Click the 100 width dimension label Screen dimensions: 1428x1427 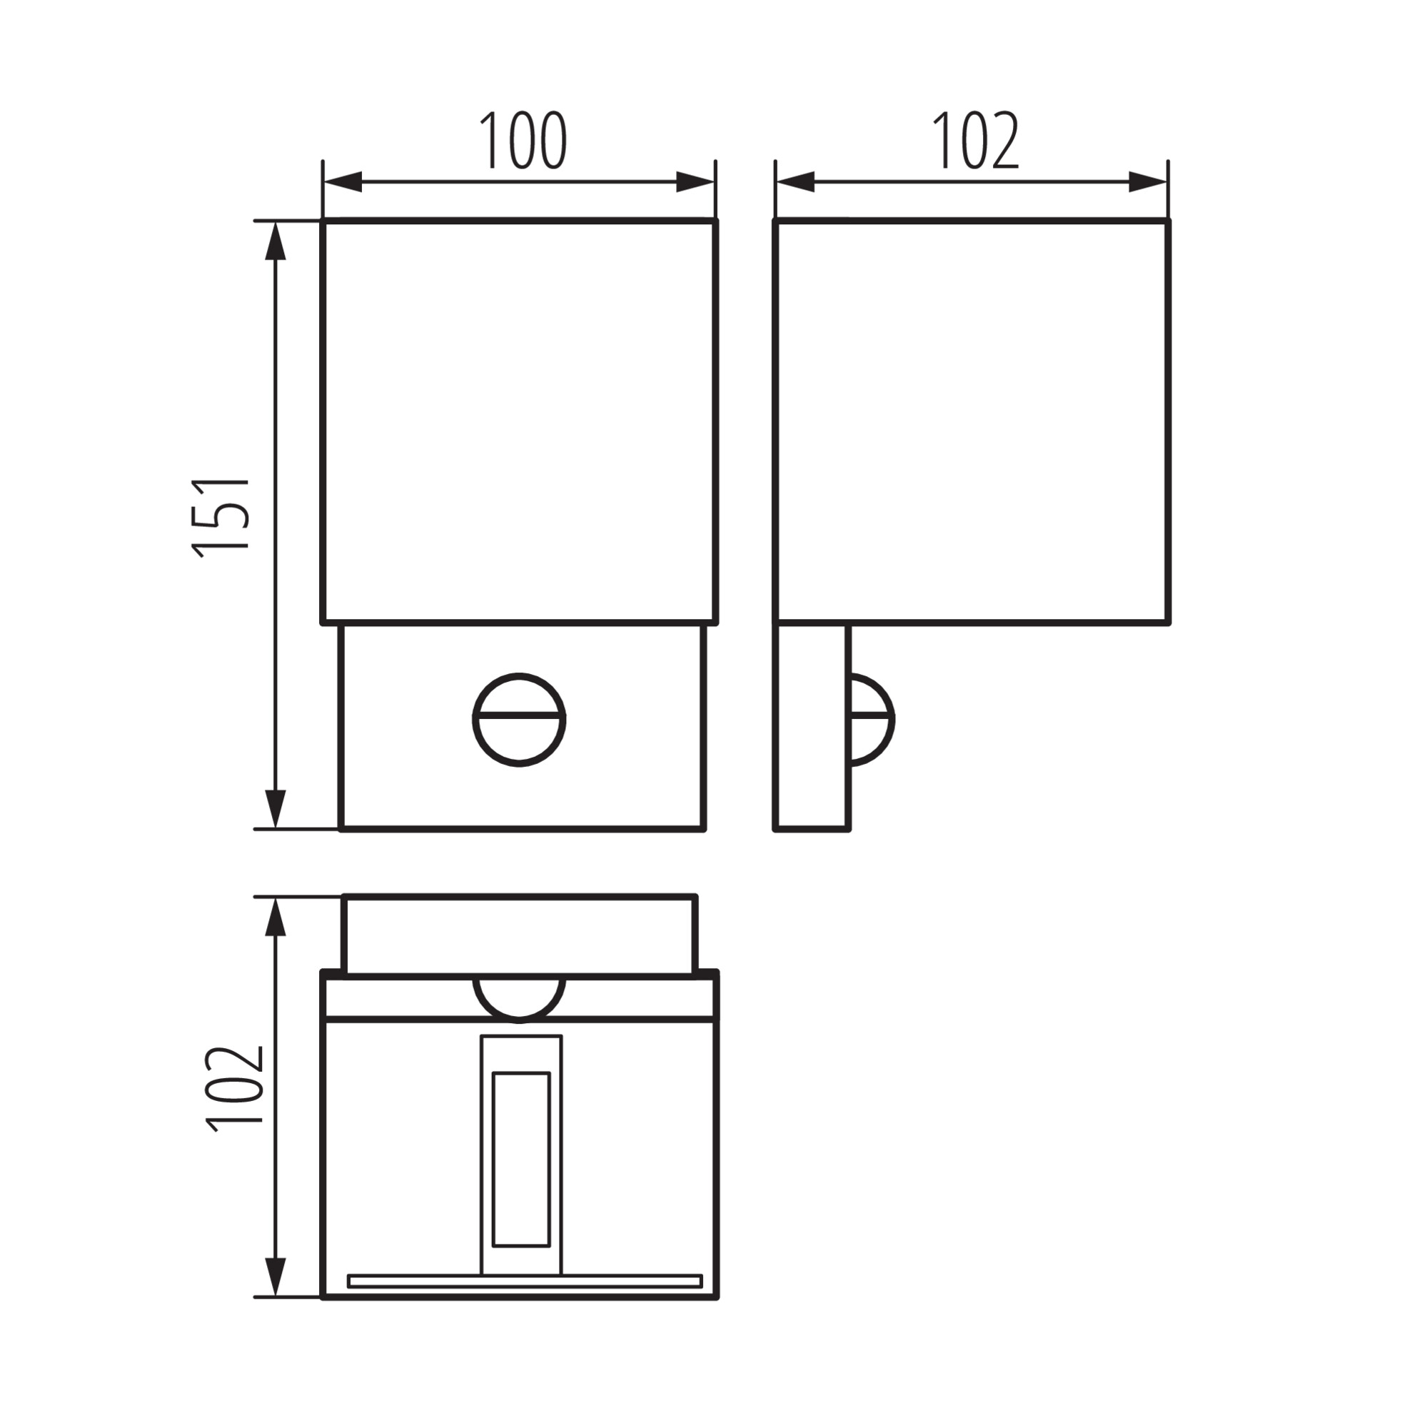[x=523, y=141]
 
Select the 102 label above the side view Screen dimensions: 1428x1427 [x=975, y=141]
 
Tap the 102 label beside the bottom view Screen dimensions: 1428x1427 [x=236, y=1089]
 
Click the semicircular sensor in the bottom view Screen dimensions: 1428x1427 [x=519, y=999]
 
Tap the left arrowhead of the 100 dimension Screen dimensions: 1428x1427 [x=341, y=182]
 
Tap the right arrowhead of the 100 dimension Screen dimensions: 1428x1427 [x=696, y=182]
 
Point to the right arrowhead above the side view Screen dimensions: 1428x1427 [x=1149, y=182]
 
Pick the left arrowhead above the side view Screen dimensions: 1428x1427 [x=795, y=182]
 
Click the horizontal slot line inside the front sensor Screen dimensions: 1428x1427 [x=519, y=717]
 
